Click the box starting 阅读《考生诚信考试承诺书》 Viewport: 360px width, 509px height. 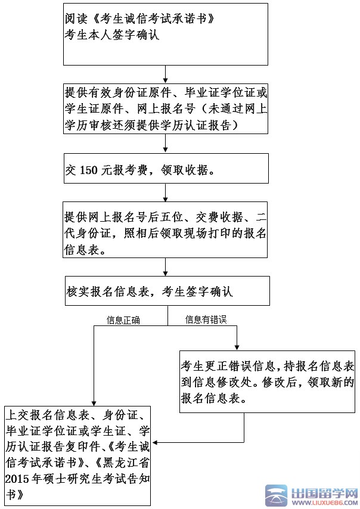[165, 33]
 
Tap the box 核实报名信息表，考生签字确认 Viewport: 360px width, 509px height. [167, 291]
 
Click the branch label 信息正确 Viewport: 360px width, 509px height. [123, 321]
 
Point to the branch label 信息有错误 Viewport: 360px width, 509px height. [206, 321]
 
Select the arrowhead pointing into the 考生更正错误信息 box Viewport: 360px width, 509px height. [238, 347]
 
